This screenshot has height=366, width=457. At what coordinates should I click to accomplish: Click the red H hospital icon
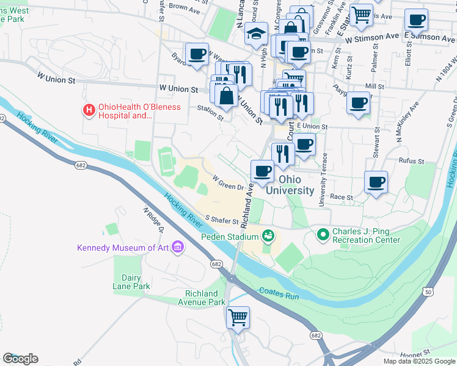coord(89,110)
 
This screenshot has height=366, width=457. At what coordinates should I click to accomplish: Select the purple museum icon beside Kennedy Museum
coord(178,247)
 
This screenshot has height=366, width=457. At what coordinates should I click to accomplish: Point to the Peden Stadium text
coord(230,236)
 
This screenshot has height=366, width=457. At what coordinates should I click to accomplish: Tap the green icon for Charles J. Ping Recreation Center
coord(323,234)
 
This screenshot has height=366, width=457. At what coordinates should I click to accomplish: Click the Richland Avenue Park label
coord(202,298)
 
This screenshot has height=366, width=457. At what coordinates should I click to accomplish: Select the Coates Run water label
coord(279,294)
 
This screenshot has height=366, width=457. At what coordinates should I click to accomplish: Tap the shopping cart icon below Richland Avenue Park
coord(238,317)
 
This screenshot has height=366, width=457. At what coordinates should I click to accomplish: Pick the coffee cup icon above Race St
coord(376,181)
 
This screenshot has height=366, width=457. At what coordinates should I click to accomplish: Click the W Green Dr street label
coord(228,183)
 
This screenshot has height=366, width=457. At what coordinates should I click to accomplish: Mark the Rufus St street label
coord(411,162)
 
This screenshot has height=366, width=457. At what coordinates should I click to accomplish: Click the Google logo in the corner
coord(20,359)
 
